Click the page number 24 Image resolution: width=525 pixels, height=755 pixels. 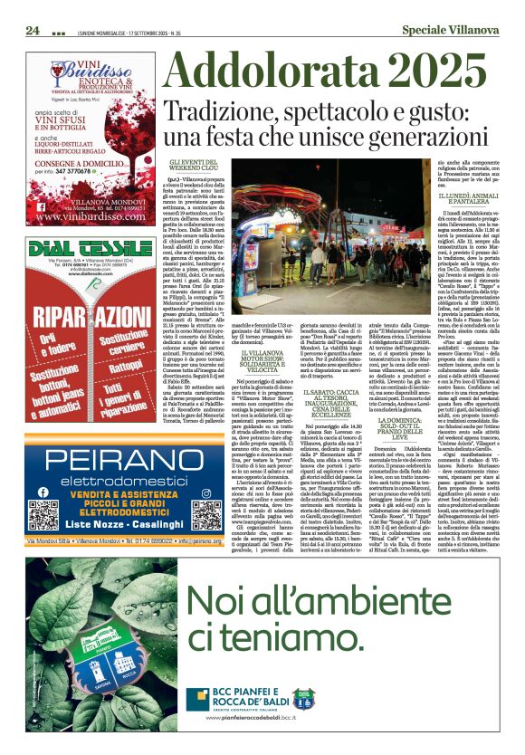33,30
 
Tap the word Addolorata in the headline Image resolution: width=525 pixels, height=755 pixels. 256,72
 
